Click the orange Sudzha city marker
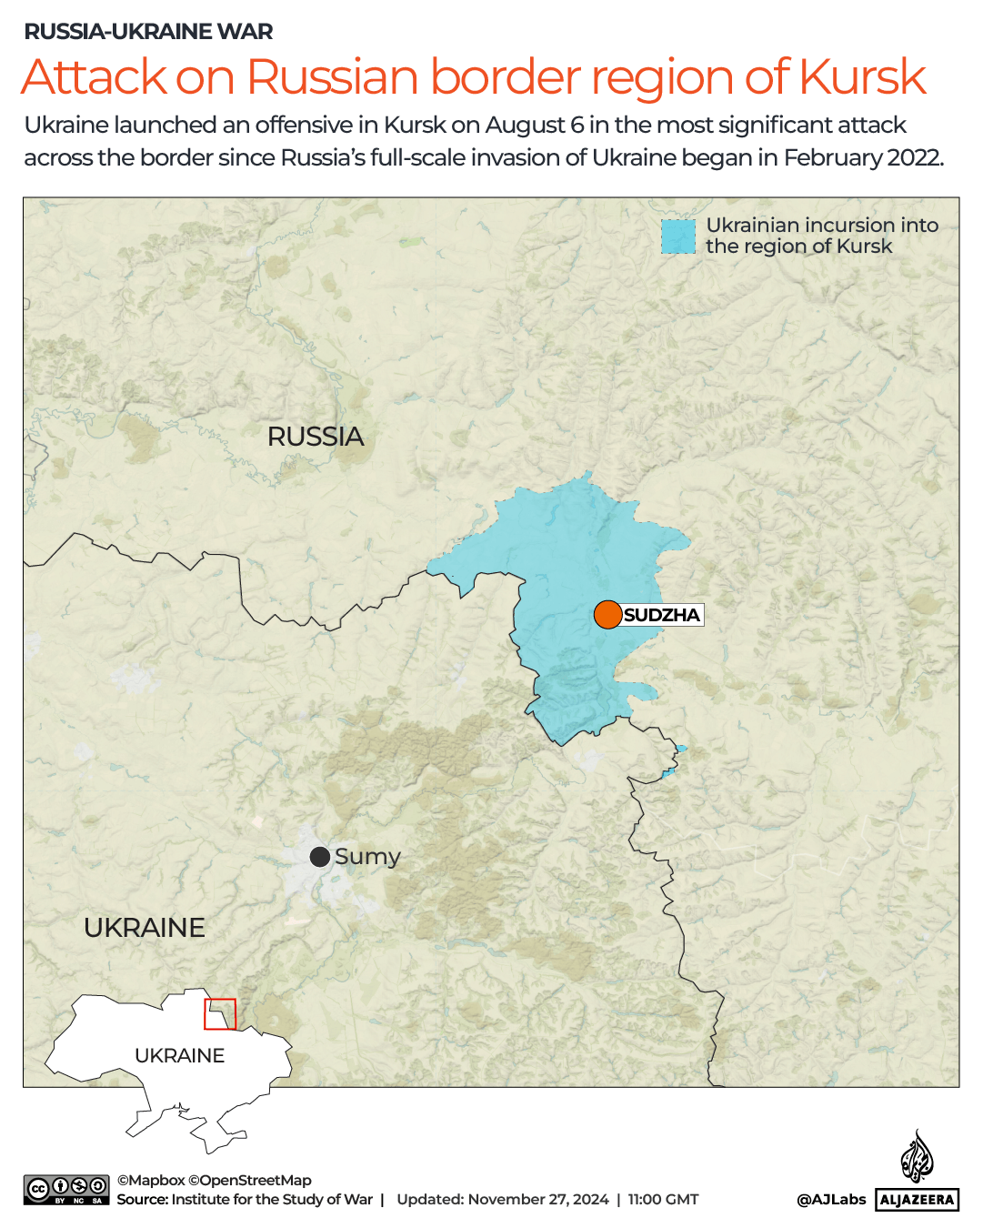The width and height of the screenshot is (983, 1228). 607,615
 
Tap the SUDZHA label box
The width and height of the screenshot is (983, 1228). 662,615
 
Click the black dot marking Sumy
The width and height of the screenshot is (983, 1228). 320,857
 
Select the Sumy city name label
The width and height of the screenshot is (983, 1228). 367,857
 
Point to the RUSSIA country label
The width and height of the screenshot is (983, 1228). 316,437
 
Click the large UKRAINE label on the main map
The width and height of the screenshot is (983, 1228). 145,928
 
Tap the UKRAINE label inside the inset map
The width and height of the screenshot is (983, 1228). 179,1055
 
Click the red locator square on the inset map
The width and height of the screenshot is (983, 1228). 220,1014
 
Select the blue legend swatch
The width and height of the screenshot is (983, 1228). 677,237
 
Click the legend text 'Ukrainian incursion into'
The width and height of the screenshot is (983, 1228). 822,225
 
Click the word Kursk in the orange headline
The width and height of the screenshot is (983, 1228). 862,77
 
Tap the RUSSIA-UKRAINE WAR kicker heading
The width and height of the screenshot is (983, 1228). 148,32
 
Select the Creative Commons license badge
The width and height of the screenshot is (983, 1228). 67,1190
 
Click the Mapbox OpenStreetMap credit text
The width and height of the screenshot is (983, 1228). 214,1180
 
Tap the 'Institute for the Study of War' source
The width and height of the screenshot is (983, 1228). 272,1200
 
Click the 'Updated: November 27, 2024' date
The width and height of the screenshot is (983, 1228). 503,1200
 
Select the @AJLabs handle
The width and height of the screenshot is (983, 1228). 831,1200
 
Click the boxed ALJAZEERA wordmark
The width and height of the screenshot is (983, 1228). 918,1200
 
